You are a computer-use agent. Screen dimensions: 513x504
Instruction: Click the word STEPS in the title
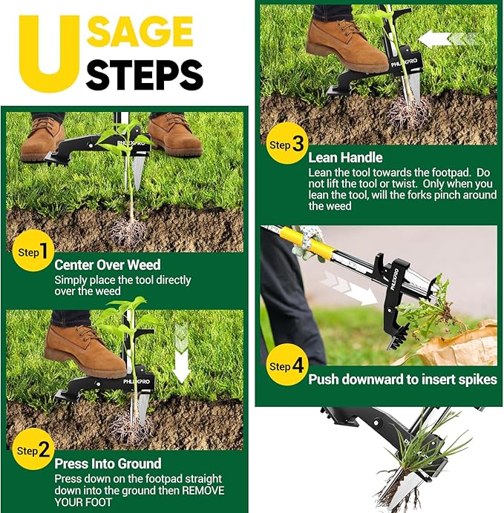145,74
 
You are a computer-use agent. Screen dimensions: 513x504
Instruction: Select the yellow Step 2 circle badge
33,450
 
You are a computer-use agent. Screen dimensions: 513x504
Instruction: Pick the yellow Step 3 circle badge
286,145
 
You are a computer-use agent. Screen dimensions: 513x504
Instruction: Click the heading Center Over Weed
107,265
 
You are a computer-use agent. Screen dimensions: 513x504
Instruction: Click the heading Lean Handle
345,157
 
